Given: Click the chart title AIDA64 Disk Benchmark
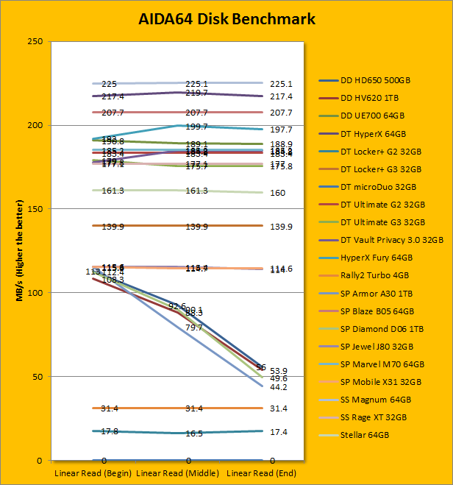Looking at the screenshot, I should pyautogui.click(x=226, y=18).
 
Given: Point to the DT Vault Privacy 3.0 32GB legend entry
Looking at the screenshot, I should pyautogui.click(x=392, y=240).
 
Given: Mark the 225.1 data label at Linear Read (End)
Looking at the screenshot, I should pyautogui.click(x=281, y=84).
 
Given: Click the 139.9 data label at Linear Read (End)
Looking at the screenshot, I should pyautogui.click(x=281, y=227).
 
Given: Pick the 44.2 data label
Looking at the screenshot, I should pyautogui.click(x=278, y=387).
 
